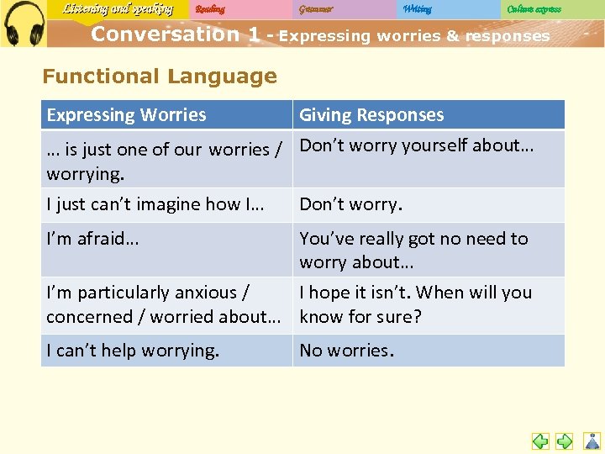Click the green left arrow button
[x=541, y=441]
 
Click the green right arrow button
[x=565, y=441]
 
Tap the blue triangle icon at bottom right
[x=592, y=441]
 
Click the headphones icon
[x=23, y=23]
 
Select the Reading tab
[x=210, y=9]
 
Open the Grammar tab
[x=316, y=9]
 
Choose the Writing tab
[x=417, y=9]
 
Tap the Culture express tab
[x=534, y=9]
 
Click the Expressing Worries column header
[x=126, y=115]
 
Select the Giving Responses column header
[x=371, y=115]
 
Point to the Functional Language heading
[x=160, y=77]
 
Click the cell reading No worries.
[x=346, y=351]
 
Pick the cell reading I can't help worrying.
[x=133, y=351]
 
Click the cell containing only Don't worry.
[x=351, y=204]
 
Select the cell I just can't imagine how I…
[x=155, y=204]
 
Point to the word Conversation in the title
[x=165, y=34]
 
